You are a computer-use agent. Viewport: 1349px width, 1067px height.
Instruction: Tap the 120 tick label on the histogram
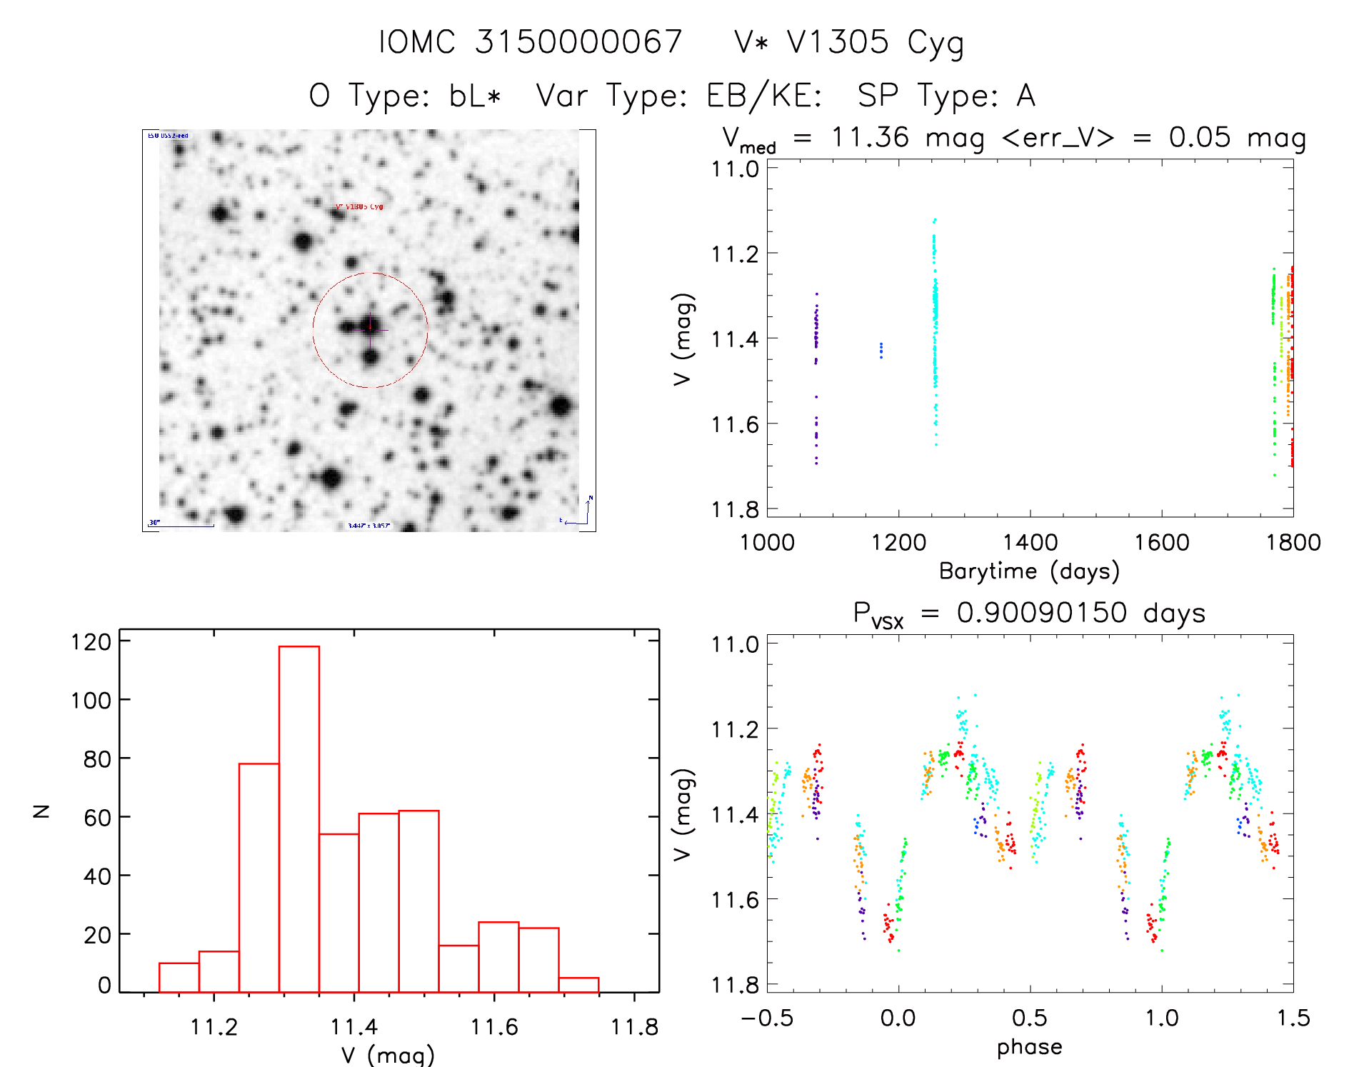point(91,642)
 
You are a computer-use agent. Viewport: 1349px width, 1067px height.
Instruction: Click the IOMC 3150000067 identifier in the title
point(531,42)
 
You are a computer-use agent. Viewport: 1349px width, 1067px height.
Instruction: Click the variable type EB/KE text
point(763,96)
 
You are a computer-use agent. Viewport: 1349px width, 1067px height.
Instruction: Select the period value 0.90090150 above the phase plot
point(1042,613)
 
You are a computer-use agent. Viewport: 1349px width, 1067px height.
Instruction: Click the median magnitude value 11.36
point(870,137)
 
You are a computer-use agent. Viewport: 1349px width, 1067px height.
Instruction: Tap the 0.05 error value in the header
point(1200,137)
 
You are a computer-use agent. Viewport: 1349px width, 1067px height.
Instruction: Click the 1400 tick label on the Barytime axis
point(1030,542)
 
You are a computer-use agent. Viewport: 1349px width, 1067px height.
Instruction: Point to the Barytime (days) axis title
point(1029,571)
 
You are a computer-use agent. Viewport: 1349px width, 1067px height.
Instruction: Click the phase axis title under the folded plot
point(1029,1047)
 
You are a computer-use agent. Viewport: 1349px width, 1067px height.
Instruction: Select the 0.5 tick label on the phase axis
point(1030,1018)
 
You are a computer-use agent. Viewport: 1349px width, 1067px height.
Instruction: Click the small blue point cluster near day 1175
point(881,350)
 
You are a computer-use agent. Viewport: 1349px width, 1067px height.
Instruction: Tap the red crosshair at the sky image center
point(370,328)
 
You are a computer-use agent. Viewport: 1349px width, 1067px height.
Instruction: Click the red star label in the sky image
point(360,207)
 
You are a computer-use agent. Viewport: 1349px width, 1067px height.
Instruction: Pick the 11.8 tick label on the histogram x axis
point(633,1027)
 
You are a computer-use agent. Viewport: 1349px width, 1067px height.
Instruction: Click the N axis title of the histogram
point(42,811)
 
